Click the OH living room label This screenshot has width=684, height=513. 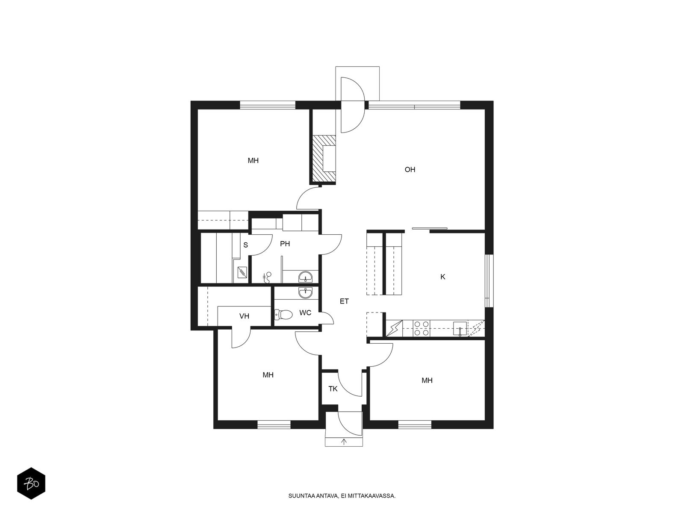[410, 170]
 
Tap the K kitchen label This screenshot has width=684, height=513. [442, 277]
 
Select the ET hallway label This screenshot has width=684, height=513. [344, 301]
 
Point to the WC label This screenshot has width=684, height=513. [305, 313]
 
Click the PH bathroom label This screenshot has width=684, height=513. [285, 244]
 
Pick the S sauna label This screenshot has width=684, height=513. [245, 245]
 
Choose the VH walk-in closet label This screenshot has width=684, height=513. [244, 316]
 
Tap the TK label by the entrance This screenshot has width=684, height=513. [333, 389]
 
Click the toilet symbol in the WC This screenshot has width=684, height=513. [283, 315]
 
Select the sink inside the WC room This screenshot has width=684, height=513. [305, 292]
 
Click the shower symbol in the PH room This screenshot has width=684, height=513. [267, 277]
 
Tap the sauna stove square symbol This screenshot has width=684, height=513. [242, 273]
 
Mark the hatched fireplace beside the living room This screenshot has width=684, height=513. [324, 159]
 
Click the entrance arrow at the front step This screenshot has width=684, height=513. [344, 441]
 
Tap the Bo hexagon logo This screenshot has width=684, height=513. [31, 484]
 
